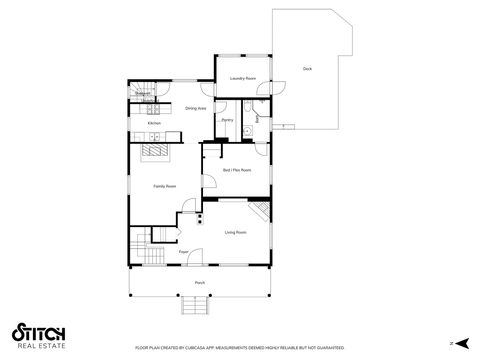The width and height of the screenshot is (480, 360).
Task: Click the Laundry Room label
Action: (243, 78)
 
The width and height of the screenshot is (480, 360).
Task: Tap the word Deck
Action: (307, 69)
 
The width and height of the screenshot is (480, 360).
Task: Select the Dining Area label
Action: (195, 108)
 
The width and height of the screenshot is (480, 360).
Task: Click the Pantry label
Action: (227, 120)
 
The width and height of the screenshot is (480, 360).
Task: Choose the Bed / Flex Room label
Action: (237, 171)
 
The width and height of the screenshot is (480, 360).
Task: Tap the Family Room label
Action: (165, 187)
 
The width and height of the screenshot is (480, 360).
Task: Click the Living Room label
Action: (236, 232)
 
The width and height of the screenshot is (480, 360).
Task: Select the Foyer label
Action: (184, 252)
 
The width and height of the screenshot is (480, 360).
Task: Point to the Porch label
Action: (200, 283)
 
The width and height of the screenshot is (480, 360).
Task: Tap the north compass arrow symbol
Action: (452, 344)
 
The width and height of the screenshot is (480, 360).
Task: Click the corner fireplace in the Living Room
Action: (261, 212)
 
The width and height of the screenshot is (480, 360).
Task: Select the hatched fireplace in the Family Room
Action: (156, 151)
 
